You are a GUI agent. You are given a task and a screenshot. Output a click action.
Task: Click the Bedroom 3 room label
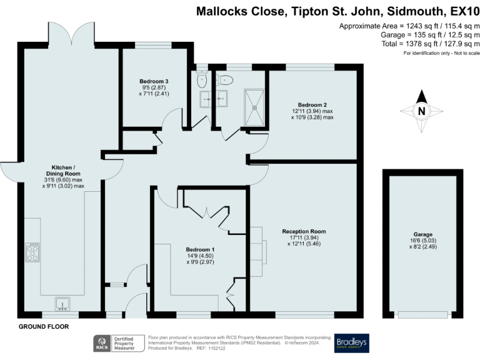coord(154,81)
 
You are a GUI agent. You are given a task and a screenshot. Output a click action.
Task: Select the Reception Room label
coord(303,231)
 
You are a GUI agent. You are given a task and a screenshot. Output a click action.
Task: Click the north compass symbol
coord(421,111)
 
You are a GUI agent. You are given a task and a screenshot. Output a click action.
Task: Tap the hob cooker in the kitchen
coord(32,252)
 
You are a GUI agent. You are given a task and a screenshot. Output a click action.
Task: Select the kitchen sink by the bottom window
coord(63,304)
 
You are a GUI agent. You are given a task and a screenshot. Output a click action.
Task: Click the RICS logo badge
coord(101,343)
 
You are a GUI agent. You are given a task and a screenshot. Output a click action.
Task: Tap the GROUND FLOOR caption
coord(44,327)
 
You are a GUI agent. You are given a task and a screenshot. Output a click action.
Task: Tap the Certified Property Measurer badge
coord(127,343)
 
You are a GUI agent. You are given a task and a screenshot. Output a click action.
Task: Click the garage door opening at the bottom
coord(422,314)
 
